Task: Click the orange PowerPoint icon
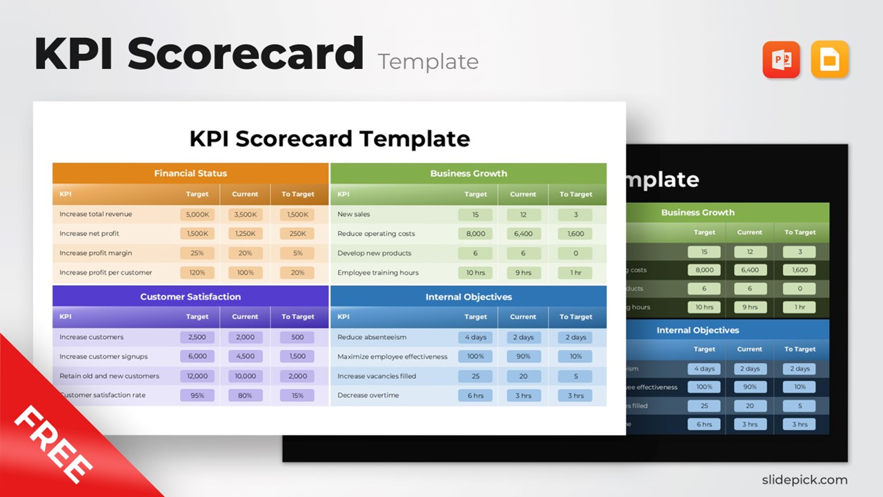(x=781, y=60)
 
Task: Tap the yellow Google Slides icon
(x=830, y=60)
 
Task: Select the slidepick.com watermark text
(x=804, y=480)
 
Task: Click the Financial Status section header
(x=190, y=173)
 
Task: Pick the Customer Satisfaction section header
(x=190, y=297)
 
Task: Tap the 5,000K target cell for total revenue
(x=197, y=215)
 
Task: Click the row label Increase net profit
(x=89, y=234)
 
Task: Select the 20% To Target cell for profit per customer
(x=297, y=273)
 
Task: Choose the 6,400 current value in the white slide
(x=523, y=234)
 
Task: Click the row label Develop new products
(x=374, y=253)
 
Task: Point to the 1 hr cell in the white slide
(x=575, y=273)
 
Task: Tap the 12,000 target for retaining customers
(x=197, y=376)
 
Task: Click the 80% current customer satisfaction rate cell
(x=245, y=396)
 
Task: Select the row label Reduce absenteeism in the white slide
(x=372, y=338)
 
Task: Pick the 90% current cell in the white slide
(x=523, y=357)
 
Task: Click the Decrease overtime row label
(x=368, y=396)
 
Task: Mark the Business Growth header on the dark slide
(x=697, y=213)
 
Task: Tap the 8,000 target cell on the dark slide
(x=704, y=270)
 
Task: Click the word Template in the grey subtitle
(x=428, y=61)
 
